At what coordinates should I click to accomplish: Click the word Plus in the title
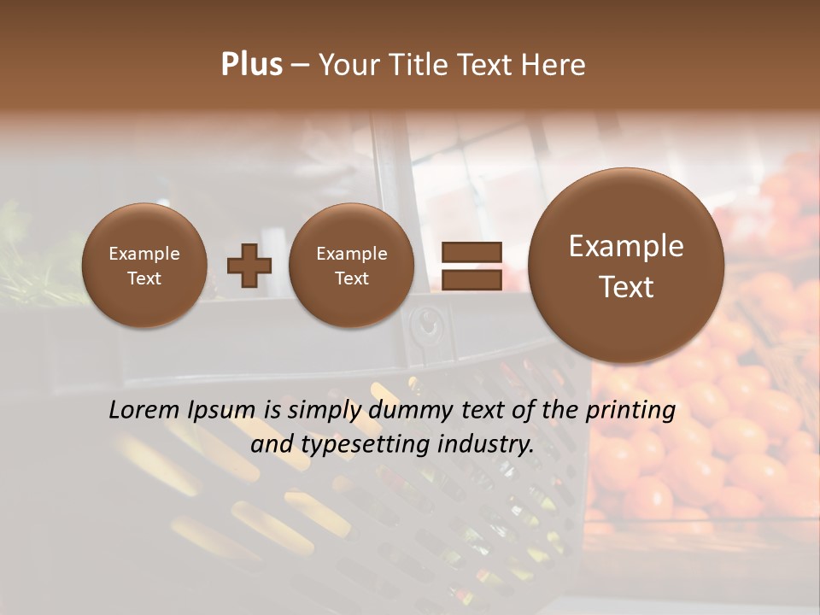point(251,65)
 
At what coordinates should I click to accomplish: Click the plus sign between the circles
point(249,266)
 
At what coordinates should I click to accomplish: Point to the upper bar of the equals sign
point(471,252)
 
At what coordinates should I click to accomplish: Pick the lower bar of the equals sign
point(471,279)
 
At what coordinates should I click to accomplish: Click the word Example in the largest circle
point(626,246)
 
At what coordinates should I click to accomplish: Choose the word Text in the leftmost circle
point(144,278)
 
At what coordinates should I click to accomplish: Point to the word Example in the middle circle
point(352,254)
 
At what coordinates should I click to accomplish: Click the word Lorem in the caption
point(140,410)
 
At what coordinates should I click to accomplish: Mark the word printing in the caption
point(630,411)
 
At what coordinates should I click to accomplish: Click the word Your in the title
point(348,65)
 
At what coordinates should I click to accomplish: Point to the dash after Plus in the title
point(300,66)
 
